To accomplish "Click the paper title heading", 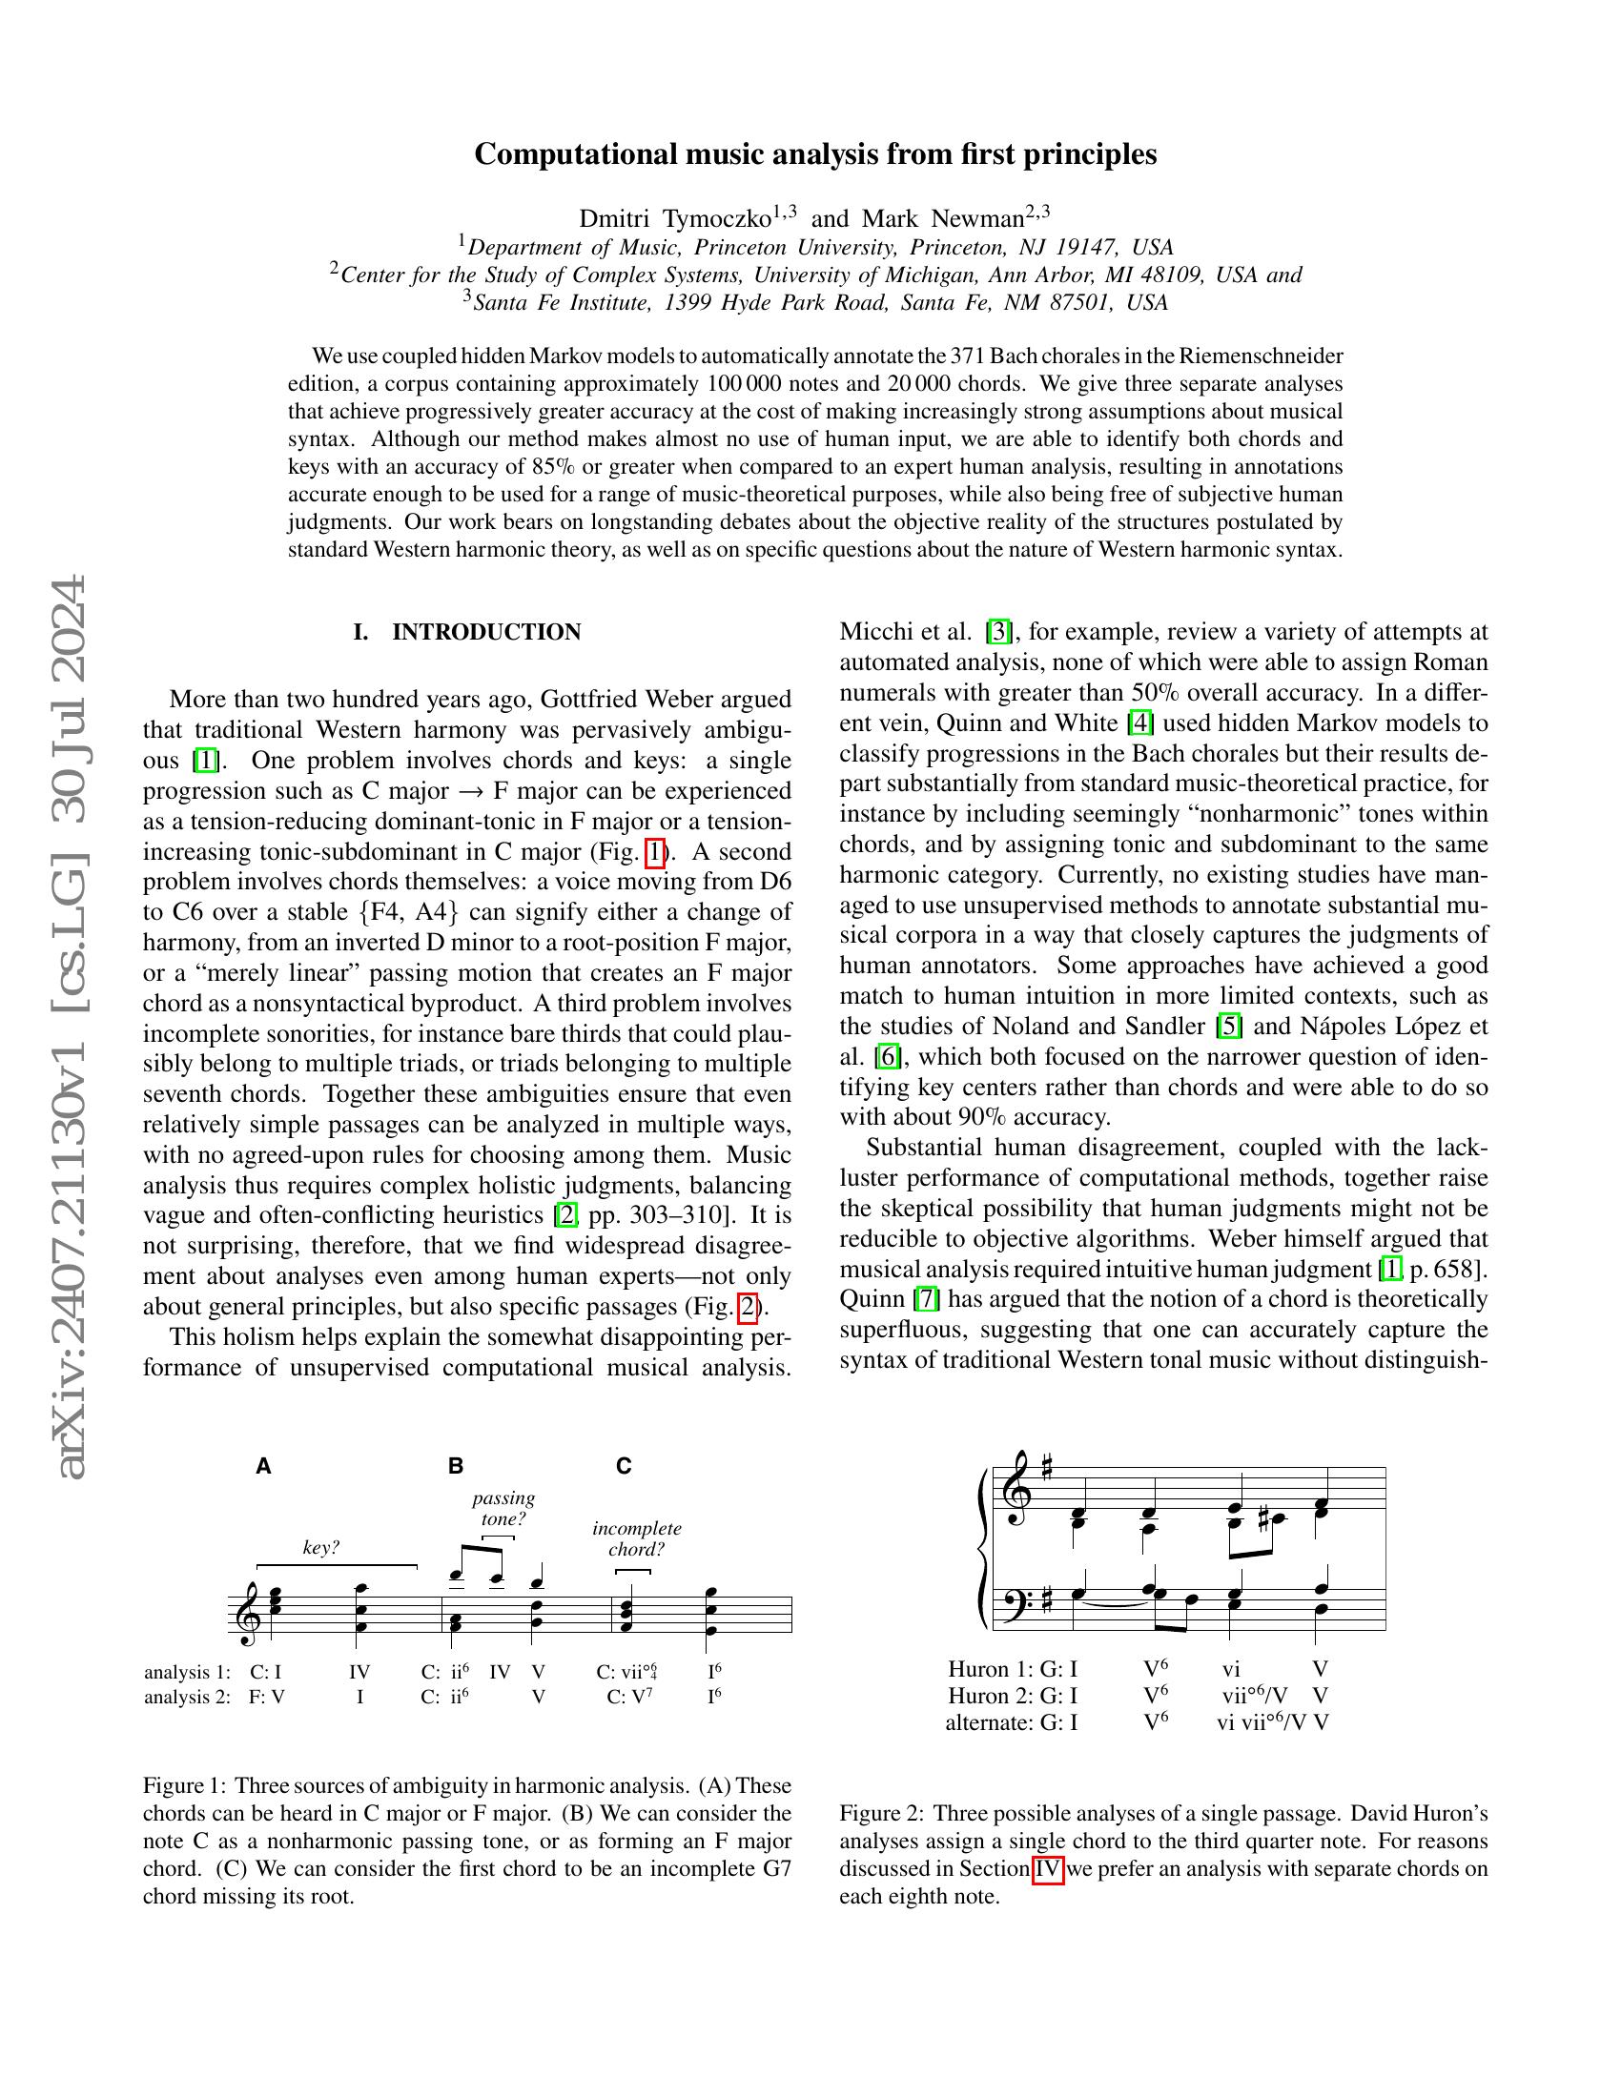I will click(x=814, y=154).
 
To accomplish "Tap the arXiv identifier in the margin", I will click(x=73, y=1028).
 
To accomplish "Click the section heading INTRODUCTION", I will click(x=486, y=632).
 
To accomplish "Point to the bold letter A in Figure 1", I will click(x=264, y=1466).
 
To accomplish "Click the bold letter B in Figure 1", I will click(x=456, y=1466).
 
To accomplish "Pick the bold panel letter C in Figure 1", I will click(x=625, y=1466).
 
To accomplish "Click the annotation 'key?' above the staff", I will click(x=320, y=1548).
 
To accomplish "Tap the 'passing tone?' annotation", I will click(x=503, y=1509).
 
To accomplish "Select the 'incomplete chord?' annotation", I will click(x=637, y=1538).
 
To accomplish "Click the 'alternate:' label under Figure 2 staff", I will click(x=989, y=1722).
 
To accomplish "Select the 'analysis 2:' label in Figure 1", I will click(x=187, y=1697).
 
